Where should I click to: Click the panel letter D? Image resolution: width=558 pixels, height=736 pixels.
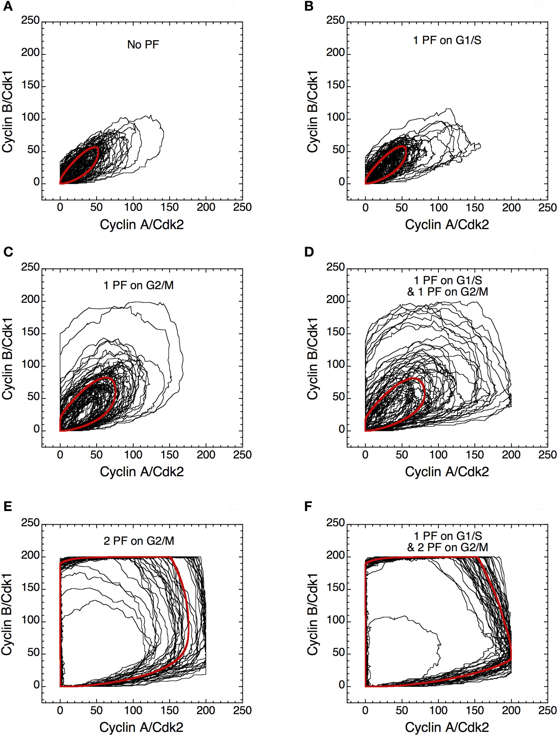click(309, 252)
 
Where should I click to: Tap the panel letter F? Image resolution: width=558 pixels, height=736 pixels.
click(308, 507)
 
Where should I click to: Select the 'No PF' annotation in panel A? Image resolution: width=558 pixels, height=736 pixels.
click(143, 44)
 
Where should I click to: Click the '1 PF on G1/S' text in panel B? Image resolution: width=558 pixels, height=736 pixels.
click(447, 40)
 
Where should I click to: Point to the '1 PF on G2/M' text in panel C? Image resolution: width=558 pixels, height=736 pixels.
click(138, 285)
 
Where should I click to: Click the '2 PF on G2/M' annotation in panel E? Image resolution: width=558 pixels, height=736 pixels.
click(139, 541)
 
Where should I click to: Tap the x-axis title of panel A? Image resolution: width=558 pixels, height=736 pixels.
click(142, 225)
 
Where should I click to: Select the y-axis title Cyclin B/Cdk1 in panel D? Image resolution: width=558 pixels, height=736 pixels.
click(313, 358)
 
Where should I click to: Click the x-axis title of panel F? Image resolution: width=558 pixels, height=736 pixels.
click(447, 727)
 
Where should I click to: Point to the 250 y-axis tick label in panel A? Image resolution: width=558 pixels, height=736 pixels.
click(30, 20)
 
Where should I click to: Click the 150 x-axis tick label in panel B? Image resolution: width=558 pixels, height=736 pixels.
click(475, 207)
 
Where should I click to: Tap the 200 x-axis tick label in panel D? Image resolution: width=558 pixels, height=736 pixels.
click(511, 454)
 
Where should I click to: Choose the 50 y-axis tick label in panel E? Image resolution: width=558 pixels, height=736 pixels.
click(33, 652)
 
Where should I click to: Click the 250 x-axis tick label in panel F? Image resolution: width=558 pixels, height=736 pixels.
click(547, 710)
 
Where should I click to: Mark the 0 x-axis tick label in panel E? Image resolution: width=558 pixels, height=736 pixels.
click(60, 710)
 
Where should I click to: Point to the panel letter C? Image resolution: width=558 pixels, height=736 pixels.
click(8, 252)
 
